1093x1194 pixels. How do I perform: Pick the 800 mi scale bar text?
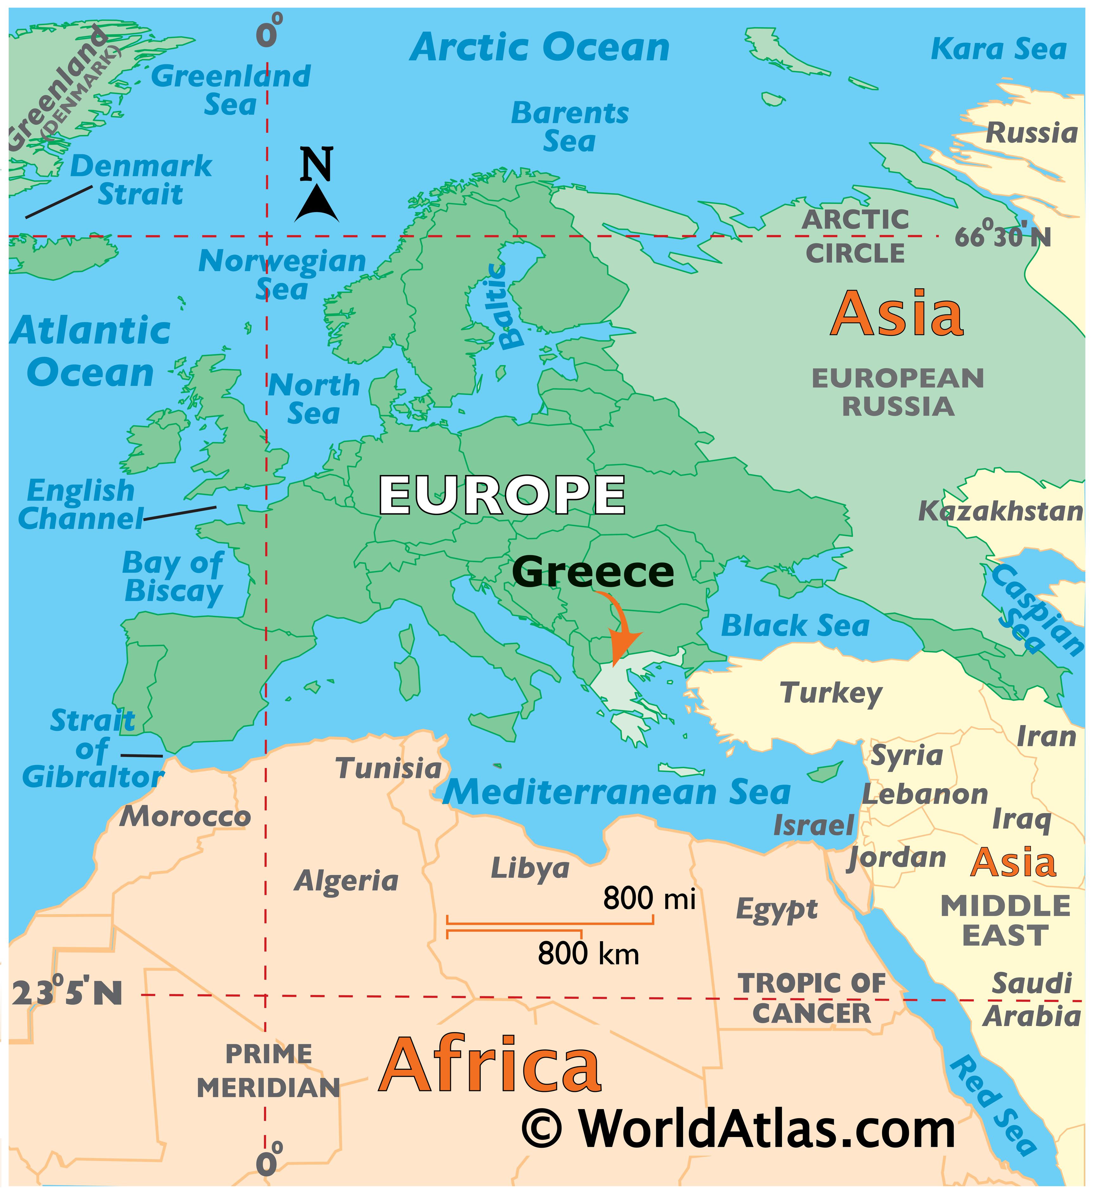(649, 898)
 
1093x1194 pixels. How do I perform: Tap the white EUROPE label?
(502, 495)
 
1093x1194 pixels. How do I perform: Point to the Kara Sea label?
(998, 49)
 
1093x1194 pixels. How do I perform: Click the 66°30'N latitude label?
(1002, 237)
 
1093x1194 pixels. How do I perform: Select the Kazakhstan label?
(1000, 511)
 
